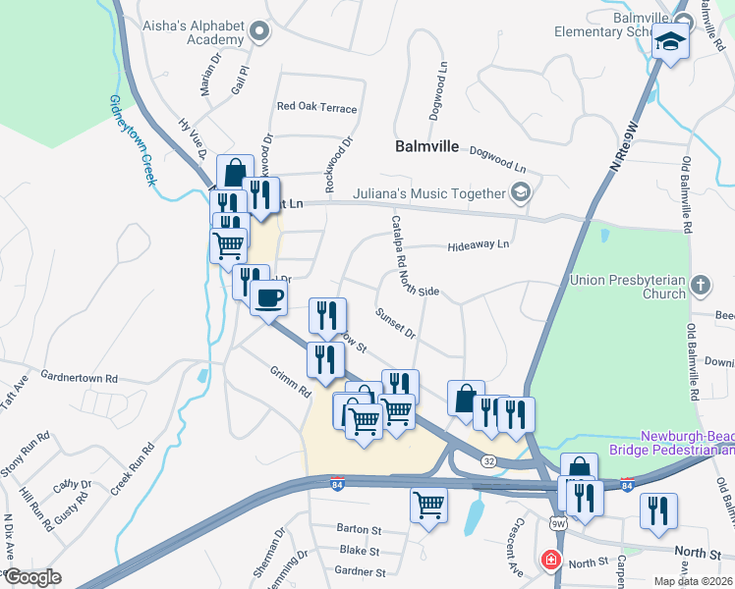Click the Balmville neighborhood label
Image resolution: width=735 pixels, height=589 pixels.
[426, 146]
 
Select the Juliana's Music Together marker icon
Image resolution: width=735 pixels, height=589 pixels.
[521, 193]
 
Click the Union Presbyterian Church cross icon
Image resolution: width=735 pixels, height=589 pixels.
[700, 285]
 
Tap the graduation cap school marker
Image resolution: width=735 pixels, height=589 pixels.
[671, 41]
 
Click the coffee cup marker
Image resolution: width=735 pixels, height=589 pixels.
[268, 295]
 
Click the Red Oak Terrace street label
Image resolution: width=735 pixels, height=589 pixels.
[316, 108]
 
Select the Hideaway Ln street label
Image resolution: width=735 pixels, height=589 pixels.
[480, 244]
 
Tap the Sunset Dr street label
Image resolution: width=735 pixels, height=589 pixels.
[396, 322]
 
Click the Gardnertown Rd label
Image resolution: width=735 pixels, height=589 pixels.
[80, 377]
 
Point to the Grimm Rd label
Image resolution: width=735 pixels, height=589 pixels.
[291, 378]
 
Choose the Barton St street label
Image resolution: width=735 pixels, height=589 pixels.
[358, 527]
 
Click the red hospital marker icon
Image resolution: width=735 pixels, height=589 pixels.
[551, 561]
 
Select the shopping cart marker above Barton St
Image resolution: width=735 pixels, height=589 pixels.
[428, 505]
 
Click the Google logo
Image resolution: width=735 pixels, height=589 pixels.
[31, 576]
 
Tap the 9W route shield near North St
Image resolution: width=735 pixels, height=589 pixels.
[558, 524]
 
